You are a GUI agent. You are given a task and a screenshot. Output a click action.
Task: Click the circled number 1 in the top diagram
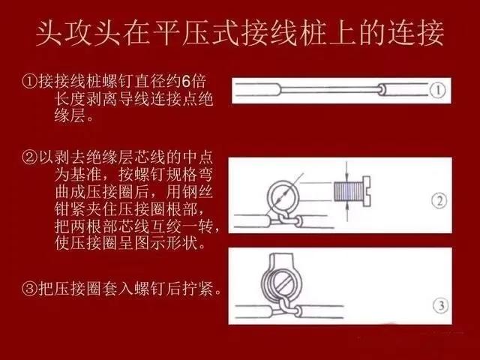pos(438,91)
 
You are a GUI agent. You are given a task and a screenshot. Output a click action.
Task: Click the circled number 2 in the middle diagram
pos(439,201)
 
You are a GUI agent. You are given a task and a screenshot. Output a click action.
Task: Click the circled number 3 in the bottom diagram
pos(441,305)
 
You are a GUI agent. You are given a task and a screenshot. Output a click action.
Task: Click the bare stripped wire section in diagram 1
pos(330,89)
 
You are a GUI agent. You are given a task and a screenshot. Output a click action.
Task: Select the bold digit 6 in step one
pos(186,82)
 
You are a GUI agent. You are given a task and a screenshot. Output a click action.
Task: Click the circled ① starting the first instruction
pos(30,82)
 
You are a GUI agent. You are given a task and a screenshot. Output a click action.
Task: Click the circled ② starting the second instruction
pos(30,158)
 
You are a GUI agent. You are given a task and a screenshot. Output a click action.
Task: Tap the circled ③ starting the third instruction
pos(30,288)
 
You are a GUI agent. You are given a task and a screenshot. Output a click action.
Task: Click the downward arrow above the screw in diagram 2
pos(346,172)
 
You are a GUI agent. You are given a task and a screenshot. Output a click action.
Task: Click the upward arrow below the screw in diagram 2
pos(346,211)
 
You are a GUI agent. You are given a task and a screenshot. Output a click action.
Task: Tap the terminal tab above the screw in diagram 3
pos(282,260)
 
